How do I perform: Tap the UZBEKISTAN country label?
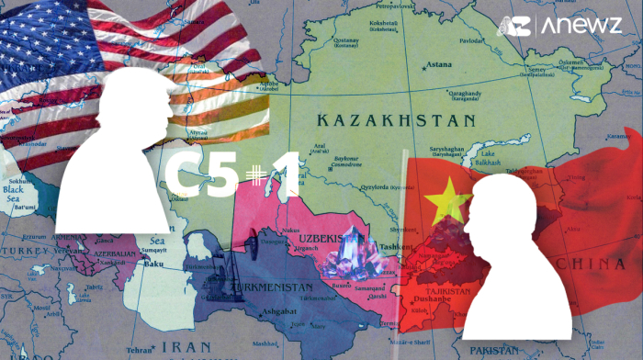pyautogui.click(x=326, y=240)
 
